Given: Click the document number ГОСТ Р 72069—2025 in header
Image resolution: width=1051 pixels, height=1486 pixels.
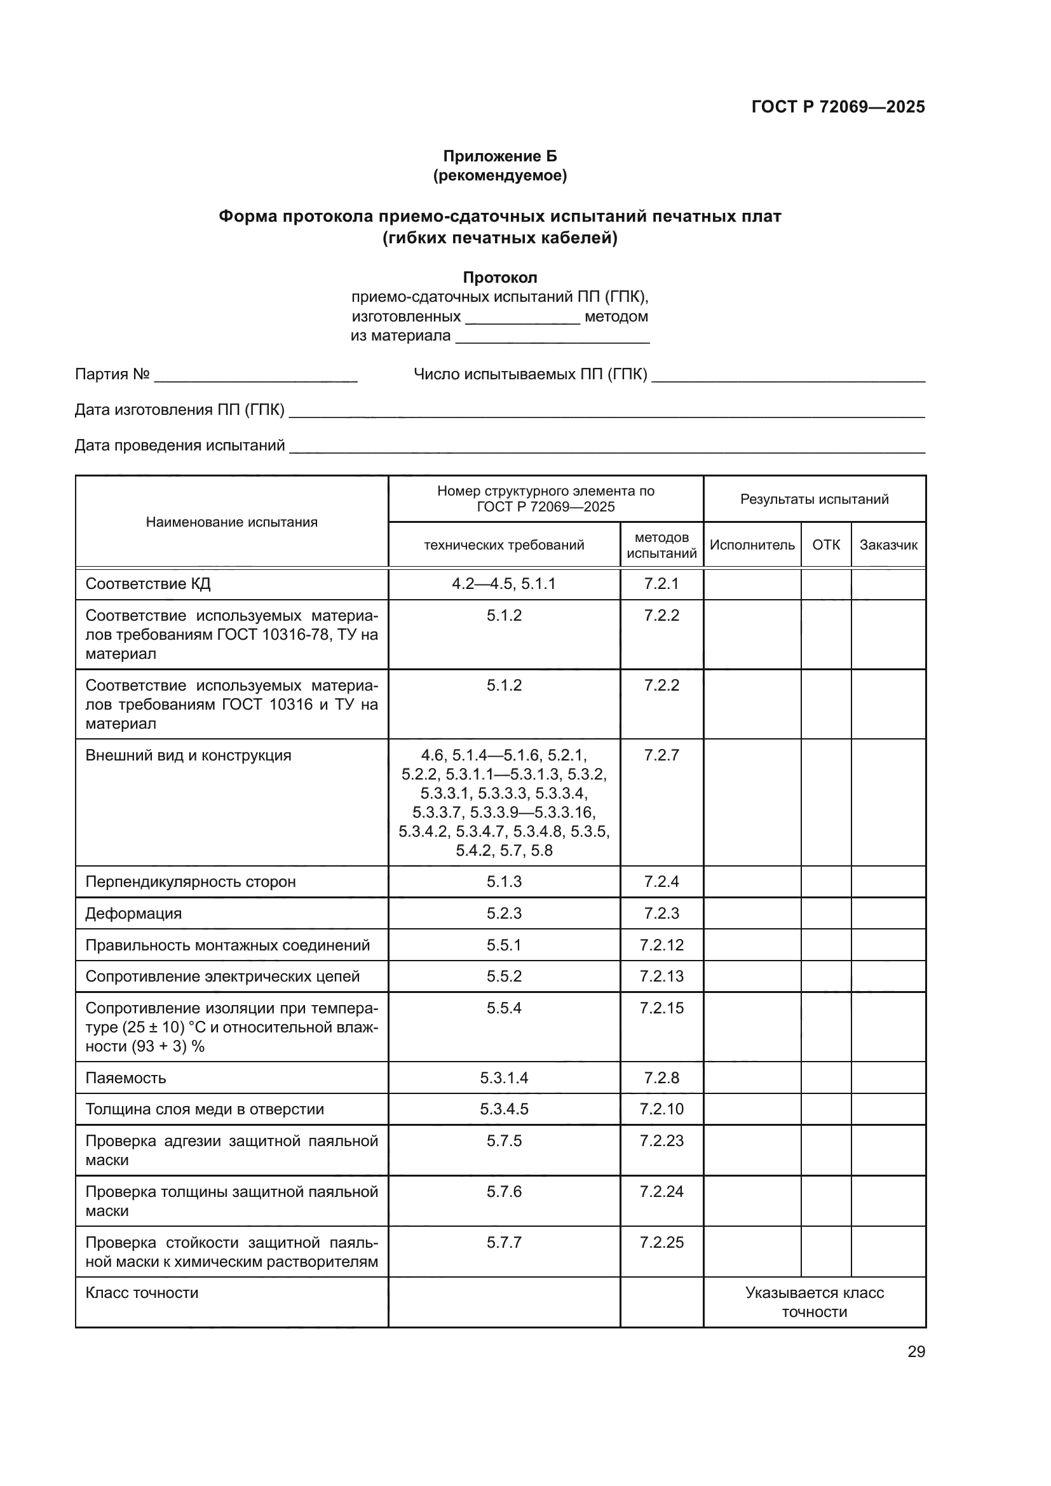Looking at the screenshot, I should (x=837, y=107).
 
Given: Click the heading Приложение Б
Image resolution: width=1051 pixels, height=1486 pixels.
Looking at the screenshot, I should (x=499, y=156).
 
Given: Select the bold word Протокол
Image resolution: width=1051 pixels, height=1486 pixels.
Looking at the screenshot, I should (x=499, y=278).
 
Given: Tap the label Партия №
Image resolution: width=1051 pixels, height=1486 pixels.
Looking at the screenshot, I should (x=112, y=374).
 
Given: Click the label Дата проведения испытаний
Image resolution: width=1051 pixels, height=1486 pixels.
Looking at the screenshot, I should (x=179, y=445).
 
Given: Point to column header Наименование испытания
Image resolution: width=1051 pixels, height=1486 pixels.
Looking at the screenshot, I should (x=232, y=522).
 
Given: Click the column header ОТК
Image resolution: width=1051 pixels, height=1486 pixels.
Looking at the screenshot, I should (x=826, y=545).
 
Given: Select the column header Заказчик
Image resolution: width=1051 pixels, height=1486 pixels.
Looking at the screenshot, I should (x=888, y=545).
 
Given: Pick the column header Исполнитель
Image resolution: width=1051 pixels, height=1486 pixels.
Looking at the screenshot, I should (x=751, y=545).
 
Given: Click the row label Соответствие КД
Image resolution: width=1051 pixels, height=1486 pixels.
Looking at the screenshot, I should (x=147, y=584).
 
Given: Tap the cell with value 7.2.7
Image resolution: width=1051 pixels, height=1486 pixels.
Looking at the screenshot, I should (x=661, y=755).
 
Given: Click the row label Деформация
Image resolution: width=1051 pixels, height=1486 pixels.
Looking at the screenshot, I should (x=133, y=913).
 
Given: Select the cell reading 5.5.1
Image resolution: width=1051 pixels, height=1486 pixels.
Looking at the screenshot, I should (x=503, y=945).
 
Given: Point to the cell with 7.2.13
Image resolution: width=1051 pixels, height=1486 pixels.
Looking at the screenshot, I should (x=661, y=976).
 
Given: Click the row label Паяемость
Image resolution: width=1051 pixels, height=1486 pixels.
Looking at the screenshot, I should (x=126, y=1077).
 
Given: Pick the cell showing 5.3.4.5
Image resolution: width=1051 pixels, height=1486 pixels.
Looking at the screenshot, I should (x=503, y=1109).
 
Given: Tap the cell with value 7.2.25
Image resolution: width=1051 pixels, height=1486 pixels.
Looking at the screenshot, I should (x=661, y=1242).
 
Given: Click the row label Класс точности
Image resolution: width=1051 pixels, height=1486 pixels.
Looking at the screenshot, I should (x=142, y=1292).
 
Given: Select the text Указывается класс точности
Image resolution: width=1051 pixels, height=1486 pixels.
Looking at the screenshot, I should (x=814, y=1302).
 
